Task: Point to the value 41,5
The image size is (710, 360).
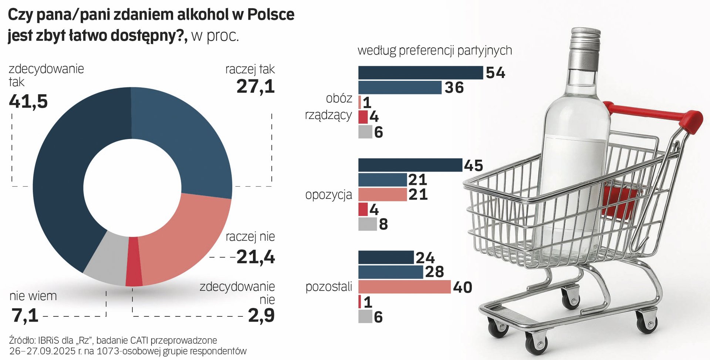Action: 28,101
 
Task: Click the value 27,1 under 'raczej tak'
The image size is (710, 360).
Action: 256,86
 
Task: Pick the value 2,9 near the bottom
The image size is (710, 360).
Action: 261,315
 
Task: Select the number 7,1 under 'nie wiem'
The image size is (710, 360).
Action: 25,315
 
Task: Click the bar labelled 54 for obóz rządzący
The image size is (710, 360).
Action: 420,73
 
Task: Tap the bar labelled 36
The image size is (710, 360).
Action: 400,88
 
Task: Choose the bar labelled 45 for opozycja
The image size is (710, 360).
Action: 410,165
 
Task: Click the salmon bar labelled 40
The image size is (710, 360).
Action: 404,287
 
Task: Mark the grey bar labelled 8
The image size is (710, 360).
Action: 367,224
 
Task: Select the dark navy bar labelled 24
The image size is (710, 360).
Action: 386,257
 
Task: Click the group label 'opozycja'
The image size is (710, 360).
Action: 328,195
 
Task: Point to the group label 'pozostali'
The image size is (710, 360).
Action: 328,287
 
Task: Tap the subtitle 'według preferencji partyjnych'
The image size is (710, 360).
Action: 435,50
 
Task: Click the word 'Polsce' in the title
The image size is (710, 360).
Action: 271,15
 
